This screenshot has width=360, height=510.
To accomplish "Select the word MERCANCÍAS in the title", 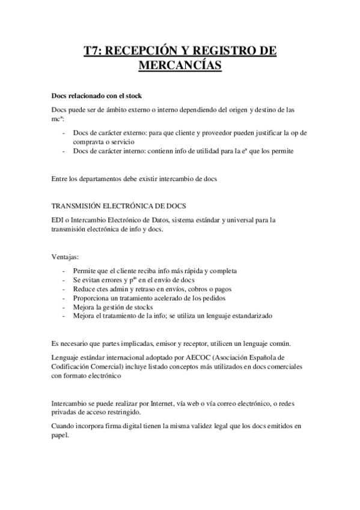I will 180,65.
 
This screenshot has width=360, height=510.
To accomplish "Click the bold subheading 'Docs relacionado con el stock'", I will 97,96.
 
